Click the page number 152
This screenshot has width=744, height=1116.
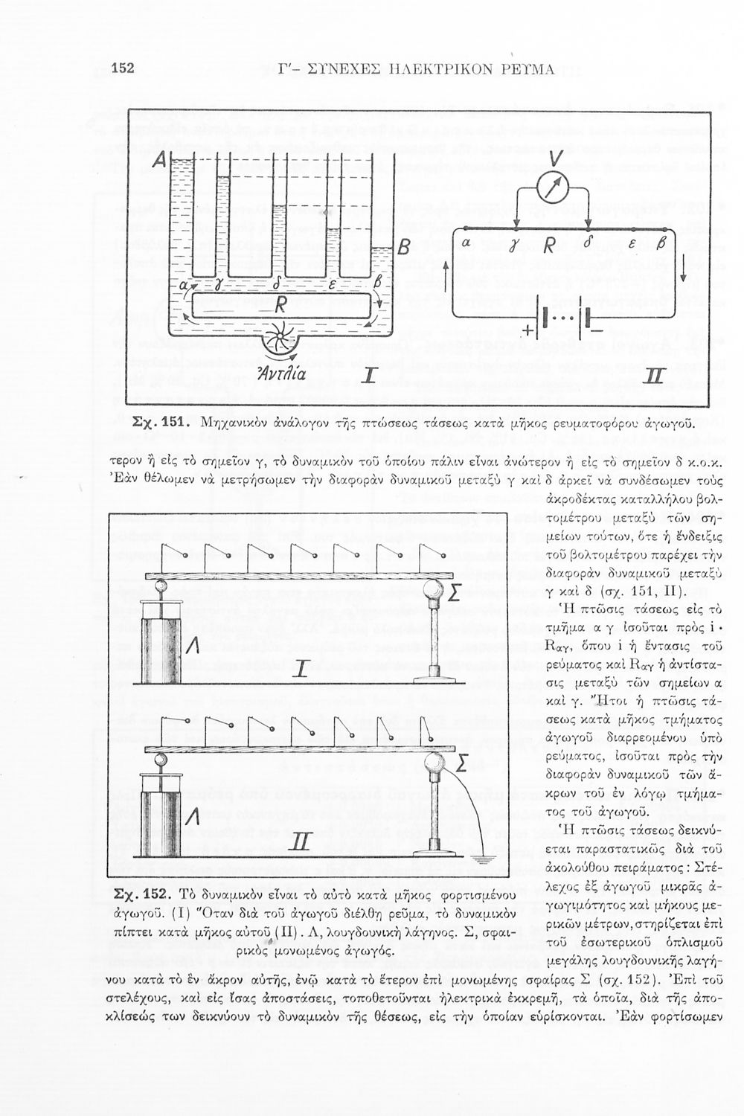coord(121,68)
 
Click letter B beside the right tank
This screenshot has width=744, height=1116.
coord(403,246)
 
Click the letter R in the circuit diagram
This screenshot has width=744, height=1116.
coord(549,245)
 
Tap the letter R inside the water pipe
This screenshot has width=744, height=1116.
coord(280,304)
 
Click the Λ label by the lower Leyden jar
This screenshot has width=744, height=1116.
coord(192,816)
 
